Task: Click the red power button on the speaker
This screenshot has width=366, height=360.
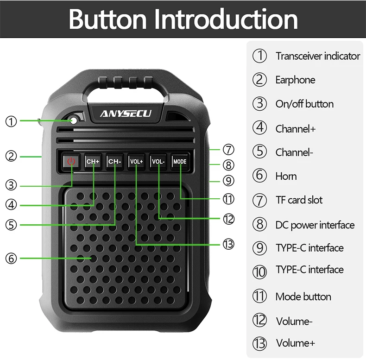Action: coord(71,161)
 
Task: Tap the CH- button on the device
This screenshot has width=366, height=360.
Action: coord(114,161)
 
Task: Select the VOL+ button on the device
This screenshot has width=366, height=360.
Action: coord(136,161)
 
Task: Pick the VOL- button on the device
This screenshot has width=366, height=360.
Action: coord(158,161)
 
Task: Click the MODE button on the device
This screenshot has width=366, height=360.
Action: coord(180,161)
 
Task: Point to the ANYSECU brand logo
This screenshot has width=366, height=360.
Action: coord(126,114)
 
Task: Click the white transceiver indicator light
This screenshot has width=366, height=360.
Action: coord(74,120)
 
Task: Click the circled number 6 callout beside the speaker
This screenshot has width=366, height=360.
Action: coord(11,259)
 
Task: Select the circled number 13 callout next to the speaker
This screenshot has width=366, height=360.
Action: coord(228,244)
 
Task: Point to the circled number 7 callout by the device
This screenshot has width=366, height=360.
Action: coord(228,149)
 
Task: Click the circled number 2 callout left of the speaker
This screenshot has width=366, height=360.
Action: coord(11,156)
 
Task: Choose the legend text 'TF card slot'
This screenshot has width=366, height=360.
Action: coord(299,200)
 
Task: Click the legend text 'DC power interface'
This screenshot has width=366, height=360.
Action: coord(315,225)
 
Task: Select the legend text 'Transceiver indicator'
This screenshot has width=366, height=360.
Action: coord(318,56)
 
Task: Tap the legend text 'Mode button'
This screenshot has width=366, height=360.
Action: coord(303,297)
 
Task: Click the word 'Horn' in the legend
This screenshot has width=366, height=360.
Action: coord(286,176)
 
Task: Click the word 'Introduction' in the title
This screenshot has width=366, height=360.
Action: coord(225,19)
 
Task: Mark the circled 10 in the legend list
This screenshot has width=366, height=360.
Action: coord(259,272)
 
